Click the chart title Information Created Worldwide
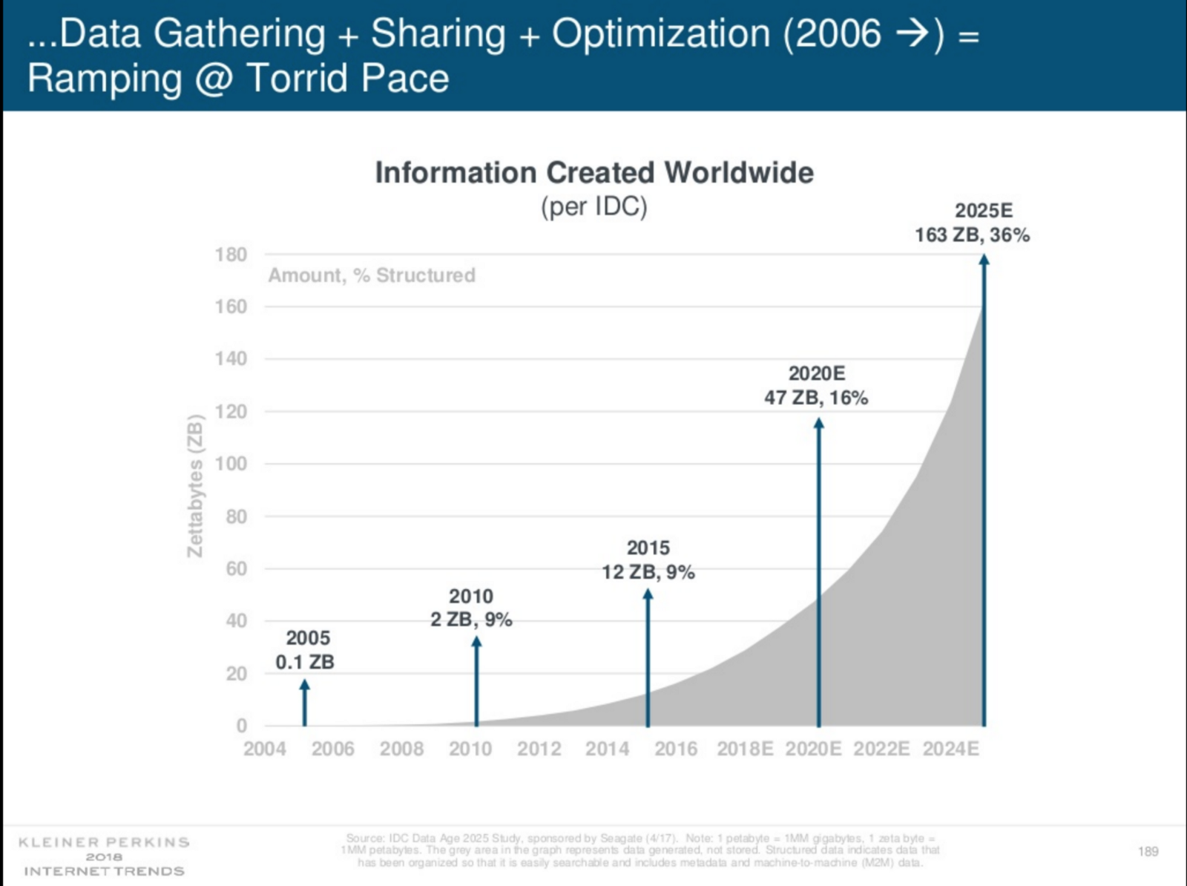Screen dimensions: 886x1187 coord(594,173)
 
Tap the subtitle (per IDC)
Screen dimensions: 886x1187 coord(594,206)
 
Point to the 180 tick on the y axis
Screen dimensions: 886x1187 coord(231,255)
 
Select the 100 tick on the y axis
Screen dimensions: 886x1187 coord(231,464)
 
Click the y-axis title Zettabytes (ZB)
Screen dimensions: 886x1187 coord(195,486)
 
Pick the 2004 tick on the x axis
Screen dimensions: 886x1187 coord(264,749)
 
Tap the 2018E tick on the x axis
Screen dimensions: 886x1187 coord(745,749)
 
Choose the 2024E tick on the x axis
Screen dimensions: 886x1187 coord(950,749)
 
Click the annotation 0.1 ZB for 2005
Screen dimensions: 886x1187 coord(305,662)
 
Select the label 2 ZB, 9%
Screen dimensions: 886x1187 coord(471,620)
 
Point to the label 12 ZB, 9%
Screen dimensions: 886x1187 coord(648,572)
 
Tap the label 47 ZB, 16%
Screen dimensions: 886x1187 coord(816,398)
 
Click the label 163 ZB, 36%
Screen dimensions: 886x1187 coord(972,235)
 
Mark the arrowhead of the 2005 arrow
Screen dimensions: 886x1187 coord(305,685)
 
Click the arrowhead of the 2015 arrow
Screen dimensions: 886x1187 coord(648,594)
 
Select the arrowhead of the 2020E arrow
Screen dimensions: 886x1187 coord(819,423)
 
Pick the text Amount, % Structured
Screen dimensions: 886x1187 coord(372,275)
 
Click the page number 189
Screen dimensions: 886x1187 coord(1148,851)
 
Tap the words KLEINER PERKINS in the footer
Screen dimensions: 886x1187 coord(104,842)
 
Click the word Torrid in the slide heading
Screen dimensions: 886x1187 coord(300,79)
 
